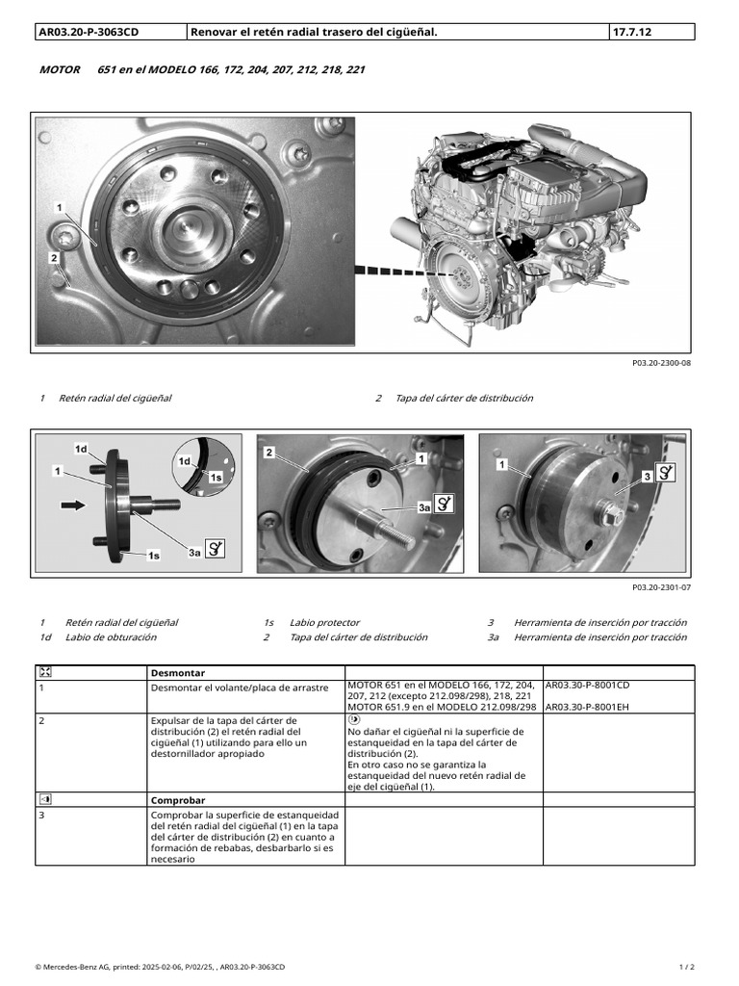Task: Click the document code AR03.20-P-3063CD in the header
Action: click(x=88, y=32)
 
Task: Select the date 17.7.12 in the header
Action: click(x=631, y=32)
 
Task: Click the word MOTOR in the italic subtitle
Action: click(x=60, y=70)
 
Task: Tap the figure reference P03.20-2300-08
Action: click(x=661, y=365)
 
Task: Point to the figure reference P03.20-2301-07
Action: click(x=661, y=586)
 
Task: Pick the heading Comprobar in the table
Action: click(x=178, y=800)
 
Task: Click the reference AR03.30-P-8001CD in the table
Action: click(x=588, y=686)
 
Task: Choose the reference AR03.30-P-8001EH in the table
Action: click(x=588, y=706)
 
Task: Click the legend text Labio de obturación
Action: click(x=111, y=637)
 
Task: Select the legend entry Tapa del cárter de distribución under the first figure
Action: click(x=464, y=399)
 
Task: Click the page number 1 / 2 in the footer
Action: click(x=686, y=966)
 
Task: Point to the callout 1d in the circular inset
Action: click(x=183, y=462)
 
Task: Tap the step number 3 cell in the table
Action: click(x=42, y=815)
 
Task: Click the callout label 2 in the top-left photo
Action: click(x=54, y=258)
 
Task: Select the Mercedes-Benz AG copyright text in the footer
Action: click(x=159, y=966)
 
